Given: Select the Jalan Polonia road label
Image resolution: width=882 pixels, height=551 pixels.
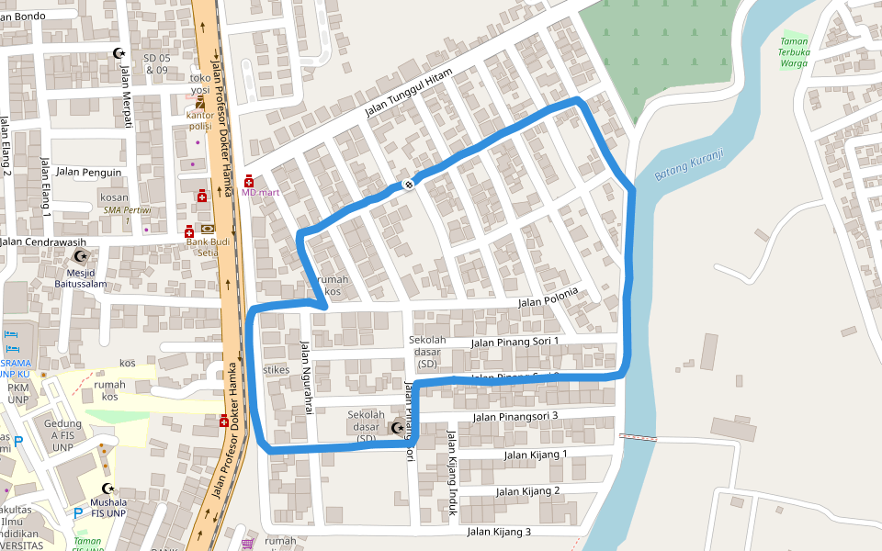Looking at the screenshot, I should (x=548, y=298).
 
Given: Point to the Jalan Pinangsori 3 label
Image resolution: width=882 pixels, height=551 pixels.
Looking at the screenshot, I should (x=515, y=417).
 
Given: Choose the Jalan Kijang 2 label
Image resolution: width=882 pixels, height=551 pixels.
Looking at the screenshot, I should (x=528, y=491).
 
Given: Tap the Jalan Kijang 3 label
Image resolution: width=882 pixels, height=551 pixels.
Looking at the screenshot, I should (x=499, y=532).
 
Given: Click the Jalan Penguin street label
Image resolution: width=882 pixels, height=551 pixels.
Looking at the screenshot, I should (x=88, y=172).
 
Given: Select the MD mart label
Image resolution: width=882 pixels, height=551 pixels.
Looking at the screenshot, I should (x=260, y=192).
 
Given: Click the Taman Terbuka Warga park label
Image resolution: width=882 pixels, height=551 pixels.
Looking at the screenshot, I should (x=793, y=52).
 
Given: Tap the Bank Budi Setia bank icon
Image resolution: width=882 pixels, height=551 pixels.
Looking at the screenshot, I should (x=209, y=229).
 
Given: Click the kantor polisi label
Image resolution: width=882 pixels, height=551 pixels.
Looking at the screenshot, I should (x=200, y=120).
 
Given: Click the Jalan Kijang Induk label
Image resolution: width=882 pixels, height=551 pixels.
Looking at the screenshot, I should (x=452, y=472).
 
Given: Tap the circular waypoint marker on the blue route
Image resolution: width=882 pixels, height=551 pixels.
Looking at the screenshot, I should (x=408, y=184).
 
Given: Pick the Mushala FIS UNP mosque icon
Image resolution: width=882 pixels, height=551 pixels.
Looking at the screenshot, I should (x=108, y=489).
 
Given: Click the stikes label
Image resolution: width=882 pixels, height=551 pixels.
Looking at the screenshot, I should (x=277, y=370).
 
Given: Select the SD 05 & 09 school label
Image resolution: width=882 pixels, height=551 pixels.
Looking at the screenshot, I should (x=156, y=63).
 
